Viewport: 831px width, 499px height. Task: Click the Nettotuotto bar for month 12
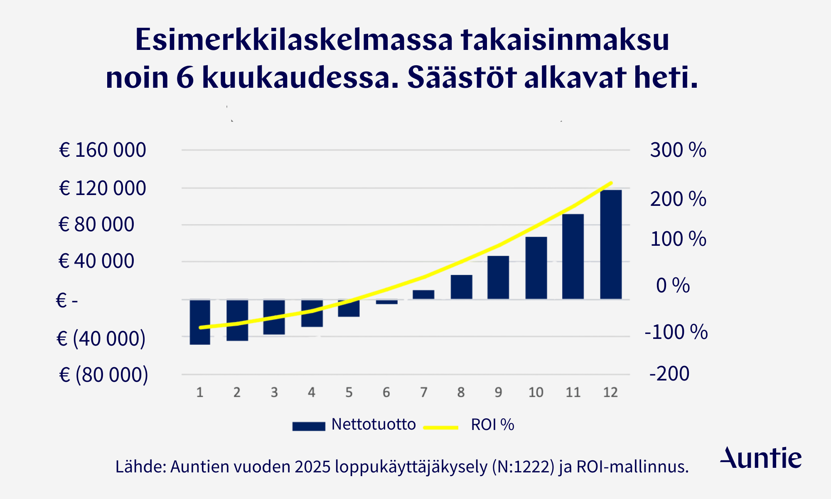point(611,245)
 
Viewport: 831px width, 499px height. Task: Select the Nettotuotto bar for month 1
point(200,322)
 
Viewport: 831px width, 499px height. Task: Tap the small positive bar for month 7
point(423,295)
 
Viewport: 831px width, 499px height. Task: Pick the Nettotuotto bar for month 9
point(498,277)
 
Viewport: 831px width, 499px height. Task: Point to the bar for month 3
point(274,317)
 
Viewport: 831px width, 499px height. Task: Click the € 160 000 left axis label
point(103,150)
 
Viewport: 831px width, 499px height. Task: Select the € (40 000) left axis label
point(101,338)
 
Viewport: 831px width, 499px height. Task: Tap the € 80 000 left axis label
point(96,225)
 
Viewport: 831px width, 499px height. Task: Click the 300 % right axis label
point(678,150)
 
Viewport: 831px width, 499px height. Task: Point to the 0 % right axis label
point(673,285)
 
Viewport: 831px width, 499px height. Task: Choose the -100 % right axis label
point(676,332)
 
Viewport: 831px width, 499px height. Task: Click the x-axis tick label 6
point(386,392)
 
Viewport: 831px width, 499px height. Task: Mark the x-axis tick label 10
point(536,392)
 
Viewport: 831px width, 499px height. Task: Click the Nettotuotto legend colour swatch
point(309,427)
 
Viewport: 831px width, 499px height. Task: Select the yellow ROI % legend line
point(441,427)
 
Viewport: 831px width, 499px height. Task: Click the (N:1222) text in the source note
point(523,467)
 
